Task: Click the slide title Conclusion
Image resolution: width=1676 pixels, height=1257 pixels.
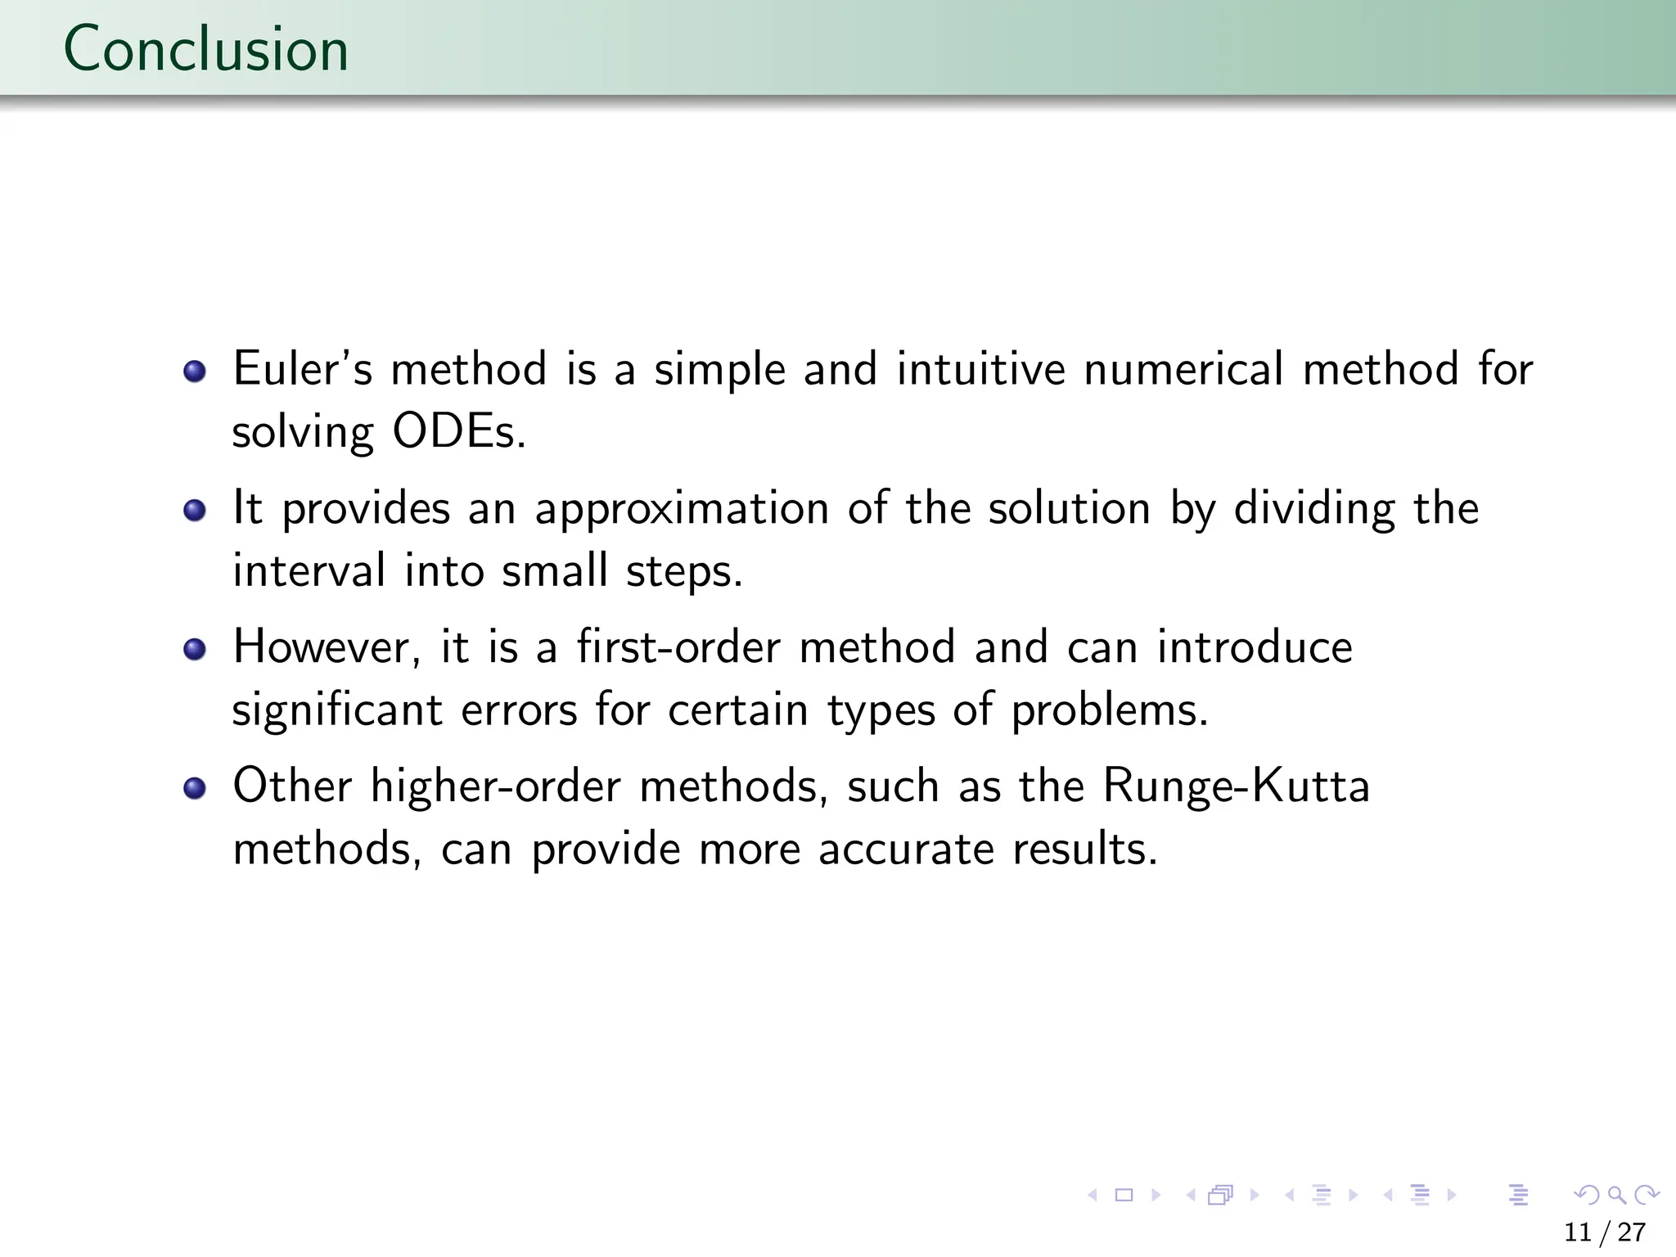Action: [205, 49]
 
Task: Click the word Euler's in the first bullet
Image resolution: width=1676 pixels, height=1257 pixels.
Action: [303, 369]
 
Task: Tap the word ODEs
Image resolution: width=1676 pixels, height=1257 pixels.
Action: [458, 432]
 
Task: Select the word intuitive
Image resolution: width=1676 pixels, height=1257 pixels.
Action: [980, 369]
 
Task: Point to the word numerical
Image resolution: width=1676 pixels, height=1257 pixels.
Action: [1183, 369]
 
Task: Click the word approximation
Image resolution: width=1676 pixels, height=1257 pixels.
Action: [682, 509]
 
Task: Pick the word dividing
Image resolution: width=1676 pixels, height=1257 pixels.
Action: [1313, 509]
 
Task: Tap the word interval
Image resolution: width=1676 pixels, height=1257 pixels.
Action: [309, 570]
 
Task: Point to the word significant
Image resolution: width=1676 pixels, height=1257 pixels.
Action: [336, 710]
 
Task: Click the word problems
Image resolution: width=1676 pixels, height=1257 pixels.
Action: [1109, 710]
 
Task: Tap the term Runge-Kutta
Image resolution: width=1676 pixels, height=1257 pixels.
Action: [1236, 787]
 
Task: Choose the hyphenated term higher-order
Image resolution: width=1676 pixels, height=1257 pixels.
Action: [495, 787]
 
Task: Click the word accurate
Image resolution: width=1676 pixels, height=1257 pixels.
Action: [906, 849]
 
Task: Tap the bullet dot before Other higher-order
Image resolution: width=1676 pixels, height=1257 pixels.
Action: [195, 789]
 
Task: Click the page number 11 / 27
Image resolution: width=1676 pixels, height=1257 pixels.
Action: [1604, 1232]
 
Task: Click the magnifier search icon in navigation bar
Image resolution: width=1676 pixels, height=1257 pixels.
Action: [1616, 1196]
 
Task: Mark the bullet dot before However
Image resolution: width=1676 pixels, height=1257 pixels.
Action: [195, 650]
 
